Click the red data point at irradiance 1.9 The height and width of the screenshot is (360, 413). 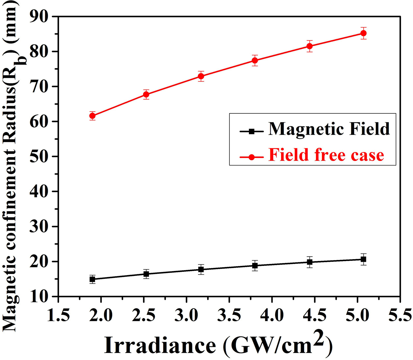[x=92, y=116]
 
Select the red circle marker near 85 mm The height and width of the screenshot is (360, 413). [x=363, y=33]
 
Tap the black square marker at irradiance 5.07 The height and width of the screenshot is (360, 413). [x=363, y=259]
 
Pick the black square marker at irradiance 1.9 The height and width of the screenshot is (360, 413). [x=92, y=279]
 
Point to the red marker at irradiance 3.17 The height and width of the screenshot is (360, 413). [x=201, y=76]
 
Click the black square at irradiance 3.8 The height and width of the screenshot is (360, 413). [x=255, y=266]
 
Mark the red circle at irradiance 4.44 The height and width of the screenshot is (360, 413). [x=309, y=46]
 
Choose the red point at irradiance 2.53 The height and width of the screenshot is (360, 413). [x=146, y=94]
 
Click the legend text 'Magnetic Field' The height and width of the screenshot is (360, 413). [x=329, y=129]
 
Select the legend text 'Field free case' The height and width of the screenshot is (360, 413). [x=326, y=155]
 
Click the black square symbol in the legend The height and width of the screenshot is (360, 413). [x=251, y=131]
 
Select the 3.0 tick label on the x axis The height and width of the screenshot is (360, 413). [x=186, y=315]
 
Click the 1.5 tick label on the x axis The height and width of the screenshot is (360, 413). [x=58, y=315]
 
